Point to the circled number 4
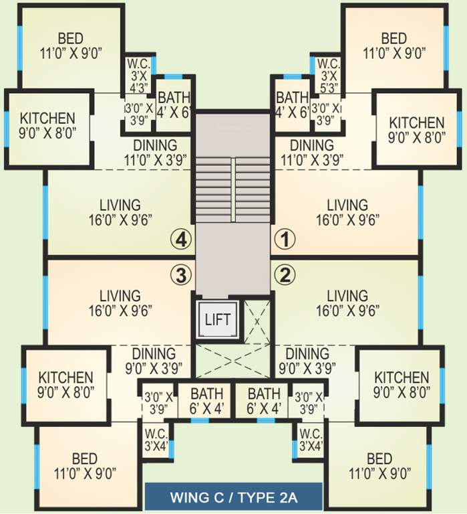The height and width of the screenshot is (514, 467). (180, 237)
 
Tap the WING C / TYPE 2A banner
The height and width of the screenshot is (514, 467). (234, 498)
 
